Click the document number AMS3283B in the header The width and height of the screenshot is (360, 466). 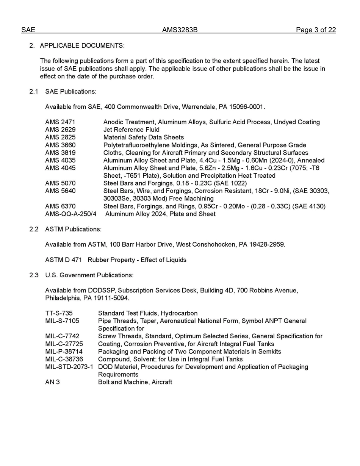click(x=180, y=30)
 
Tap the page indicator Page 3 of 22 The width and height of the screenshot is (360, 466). click(x=316, y=30)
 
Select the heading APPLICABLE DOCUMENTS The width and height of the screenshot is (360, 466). click(x=82, y=45)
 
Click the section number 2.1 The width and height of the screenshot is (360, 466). click(x=34, y=91)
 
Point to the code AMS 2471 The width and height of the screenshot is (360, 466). click(x=60, y=122)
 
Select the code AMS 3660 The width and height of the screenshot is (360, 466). click(x=60, y=145)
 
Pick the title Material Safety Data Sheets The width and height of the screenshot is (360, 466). click(x=143, y=137)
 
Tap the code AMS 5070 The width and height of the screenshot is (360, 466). click(x=60, y=183)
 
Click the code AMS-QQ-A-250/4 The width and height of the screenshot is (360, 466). click(x=70, y=214)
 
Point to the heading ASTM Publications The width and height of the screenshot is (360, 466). click(x=73, y=229)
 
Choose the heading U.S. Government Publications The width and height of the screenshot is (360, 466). click(x=89, y=275)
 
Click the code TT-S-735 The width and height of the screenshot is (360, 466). click(x=59, y=313)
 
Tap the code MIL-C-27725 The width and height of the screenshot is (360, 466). click(x=64, y=344)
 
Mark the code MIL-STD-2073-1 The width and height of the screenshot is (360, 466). click(x=69, y=367)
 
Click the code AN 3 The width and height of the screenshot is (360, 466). click(x=52, y=382)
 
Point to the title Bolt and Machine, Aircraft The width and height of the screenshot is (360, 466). click(x=135, y=382)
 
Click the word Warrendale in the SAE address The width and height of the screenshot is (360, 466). click(x=199, y=107)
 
